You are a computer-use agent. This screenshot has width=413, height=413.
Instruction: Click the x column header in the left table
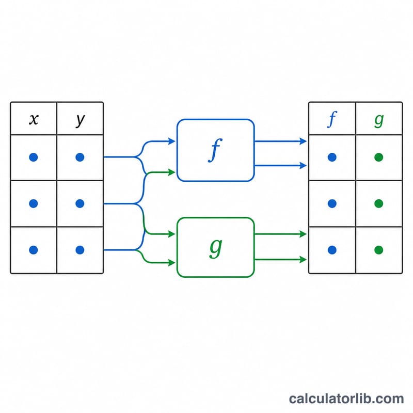click(x=34, y=119)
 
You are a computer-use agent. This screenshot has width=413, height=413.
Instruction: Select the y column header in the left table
click(x=81, y=120)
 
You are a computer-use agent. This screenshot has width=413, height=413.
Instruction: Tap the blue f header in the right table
click(x=332, y=119)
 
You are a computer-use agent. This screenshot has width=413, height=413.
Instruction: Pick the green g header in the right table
click(x=379, y=121)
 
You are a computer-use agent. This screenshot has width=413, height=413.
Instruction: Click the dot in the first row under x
click(x=34, y=157)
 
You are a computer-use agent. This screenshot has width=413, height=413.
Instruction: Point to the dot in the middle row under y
click(x=80, y=203)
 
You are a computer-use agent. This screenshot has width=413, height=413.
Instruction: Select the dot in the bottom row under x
click(x=34, y=250)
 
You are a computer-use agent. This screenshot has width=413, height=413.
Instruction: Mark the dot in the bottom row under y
click(x=80, y=250)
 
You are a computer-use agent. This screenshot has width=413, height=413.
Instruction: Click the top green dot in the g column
click(x=379, y=157)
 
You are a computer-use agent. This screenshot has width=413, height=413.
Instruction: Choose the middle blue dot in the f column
click(x=332, y=203)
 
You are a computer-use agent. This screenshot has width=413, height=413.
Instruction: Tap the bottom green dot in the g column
click(x=379, y=250)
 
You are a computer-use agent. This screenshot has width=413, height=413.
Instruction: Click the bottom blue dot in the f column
click(x=332, y=250)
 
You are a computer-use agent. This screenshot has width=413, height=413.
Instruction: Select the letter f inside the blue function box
click(x=215, y=150)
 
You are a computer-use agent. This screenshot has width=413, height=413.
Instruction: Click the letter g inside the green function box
click(x=216, y=249)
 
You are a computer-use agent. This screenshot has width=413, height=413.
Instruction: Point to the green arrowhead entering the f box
click(x=172, y=172)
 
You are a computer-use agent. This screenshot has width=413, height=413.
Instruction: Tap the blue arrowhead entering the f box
click(x=172, y=141)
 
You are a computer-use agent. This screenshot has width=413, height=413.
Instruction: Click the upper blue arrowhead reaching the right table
click(x=303, y=141)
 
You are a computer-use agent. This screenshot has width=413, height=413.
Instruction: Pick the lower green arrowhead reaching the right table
click(x=303, y=260)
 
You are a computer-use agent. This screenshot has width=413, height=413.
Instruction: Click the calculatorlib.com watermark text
click(x=346, y=399)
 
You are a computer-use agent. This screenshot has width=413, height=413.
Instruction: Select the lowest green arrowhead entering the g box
click(x=172, y=263)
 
